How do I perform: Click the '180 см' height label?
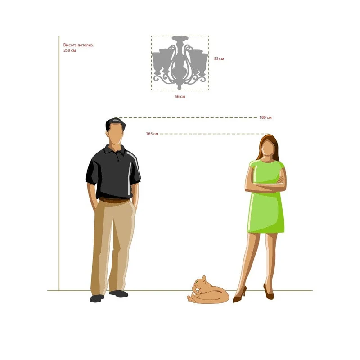click(265, 117)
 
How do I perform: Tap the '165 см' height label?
click(152, 134)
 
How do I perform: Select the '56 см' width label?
click(180, 97)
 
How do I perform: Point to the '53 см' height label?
click(219, 59)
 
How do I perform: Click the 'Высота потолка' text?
click(78, 45)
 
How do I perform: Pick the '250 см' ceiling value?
click(70, 50)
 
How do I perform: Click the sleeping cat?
click(208, 291)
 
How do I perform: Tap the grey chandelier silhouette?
click(180, 63)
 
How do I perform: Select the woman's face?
click(267, 148)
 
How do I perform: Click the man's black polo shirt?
click(113, 171)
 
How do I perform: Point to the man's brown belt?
click(114, 200)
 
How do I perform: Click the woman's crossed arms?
click(266, 184)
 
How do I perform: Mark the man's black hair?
click(115, 124)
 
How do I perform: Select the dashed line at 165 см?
click(214, 134)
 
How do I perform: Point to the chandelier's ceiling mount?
click(180, 38)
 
